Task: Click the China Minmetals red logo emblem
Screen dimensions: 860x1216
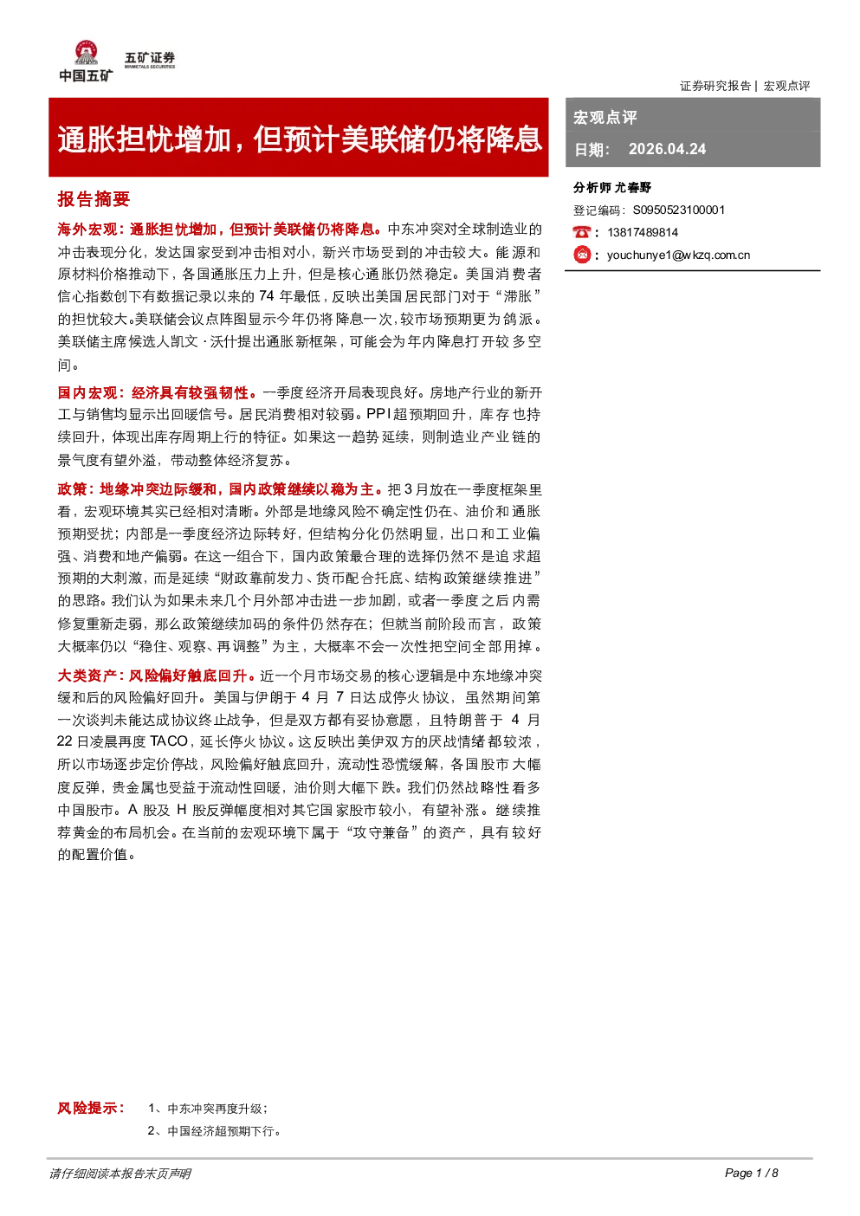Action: [86, 53]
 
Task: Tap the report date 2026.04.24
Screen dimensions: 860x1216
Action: [667, 149]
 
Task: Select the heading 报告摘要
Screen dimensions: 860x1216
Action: [94, 199]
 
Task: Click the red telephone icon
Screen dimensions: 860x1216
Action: [581, 232]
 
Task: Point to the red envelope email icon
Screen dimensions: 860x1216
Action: [582, 255]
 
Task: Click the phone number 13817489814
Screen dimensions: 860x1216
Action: [643, 232]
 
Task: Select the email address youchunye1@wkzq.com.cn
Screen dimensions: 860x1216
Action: [678, 255]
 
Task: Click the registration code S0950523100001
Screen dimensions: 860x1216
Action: [679, 210]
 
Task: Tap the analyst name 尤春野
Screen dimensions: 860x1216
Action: [633, 188]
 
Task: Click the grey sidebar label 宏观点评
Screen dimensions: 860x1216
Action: [605, 117]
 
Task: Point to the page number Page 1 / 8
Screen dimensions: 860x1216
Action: [752, 1173]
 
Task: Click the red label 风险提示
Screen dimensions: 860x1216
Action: [91, 1108]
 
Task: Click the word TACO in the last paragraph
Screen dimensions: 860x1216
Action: [169, 741]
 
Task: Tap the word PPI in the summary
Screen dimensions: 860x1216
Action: [378, 414]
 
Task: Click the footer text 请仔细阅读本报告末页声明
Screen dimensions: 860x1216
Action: [120, 1173]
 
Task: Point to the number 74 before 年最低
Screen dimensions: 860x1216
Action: [267, 296]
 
